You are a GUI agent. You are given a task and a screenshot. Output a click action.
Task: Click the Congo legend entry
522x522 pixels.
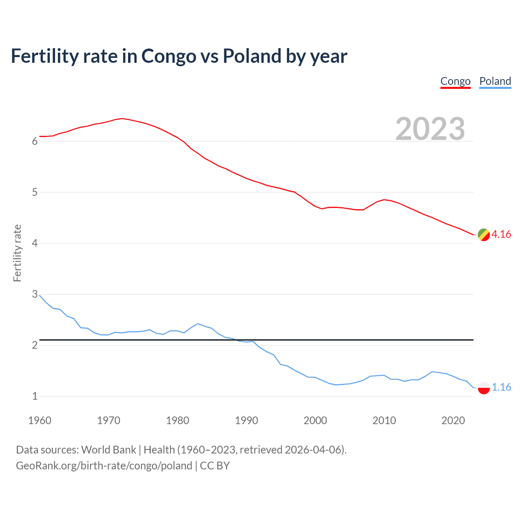456,81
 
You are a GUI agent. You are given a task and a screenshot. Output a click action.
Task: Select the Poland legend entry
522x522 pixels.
495,81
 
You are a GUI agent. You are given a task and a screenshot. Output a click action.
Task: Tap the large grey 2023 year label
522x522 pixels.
430,129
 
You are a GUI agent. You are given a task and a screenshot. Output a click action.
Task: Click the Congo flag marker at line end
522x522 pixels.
484,234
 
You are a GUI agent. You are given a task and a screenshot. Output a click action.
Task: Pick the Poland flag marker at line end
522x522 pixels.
484,387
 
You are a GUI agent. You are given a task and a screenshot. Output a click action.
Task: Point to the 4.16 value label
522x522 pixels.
501,234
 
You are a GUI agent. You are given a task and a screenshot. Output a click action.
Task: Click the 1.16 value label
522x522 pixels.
501,387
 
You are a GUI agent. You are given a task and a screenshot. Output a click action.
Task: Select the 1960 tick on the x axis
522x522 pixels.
40,420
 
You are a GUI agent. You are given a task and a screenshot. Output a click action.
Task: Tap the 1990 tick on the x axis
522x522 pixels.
246,420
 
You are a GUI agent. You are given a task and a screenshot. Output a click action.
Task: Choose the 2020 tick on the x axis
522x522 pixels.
453,420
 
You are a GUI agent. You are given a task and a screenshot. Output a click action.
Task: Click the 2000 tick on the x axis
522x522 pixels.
315,420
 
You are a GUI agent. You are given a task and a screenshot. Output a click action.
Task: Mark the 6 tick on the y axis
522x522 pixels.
35,141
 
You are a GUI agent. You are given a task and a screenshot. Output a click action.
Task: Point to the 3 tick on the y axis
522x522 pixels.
35,294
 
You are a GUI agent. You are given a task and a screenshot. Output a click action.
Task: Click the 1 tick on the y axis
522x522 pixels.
35,396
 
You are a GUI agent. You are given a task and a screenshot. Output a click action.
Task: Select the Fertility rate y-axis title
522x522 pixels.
17,253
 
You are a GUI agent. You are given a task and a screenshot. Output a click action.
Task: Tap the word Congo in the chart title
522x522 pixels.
168,56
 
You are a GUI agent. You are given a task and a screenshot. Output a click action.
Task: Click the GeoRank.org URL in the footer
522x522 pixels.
104,466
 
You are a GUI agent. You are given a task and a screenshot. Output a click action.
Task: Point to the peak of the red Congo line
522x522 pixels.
122,118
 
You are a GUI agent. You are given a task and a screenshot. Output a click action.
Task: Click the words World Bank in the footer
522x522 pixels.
108,450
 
